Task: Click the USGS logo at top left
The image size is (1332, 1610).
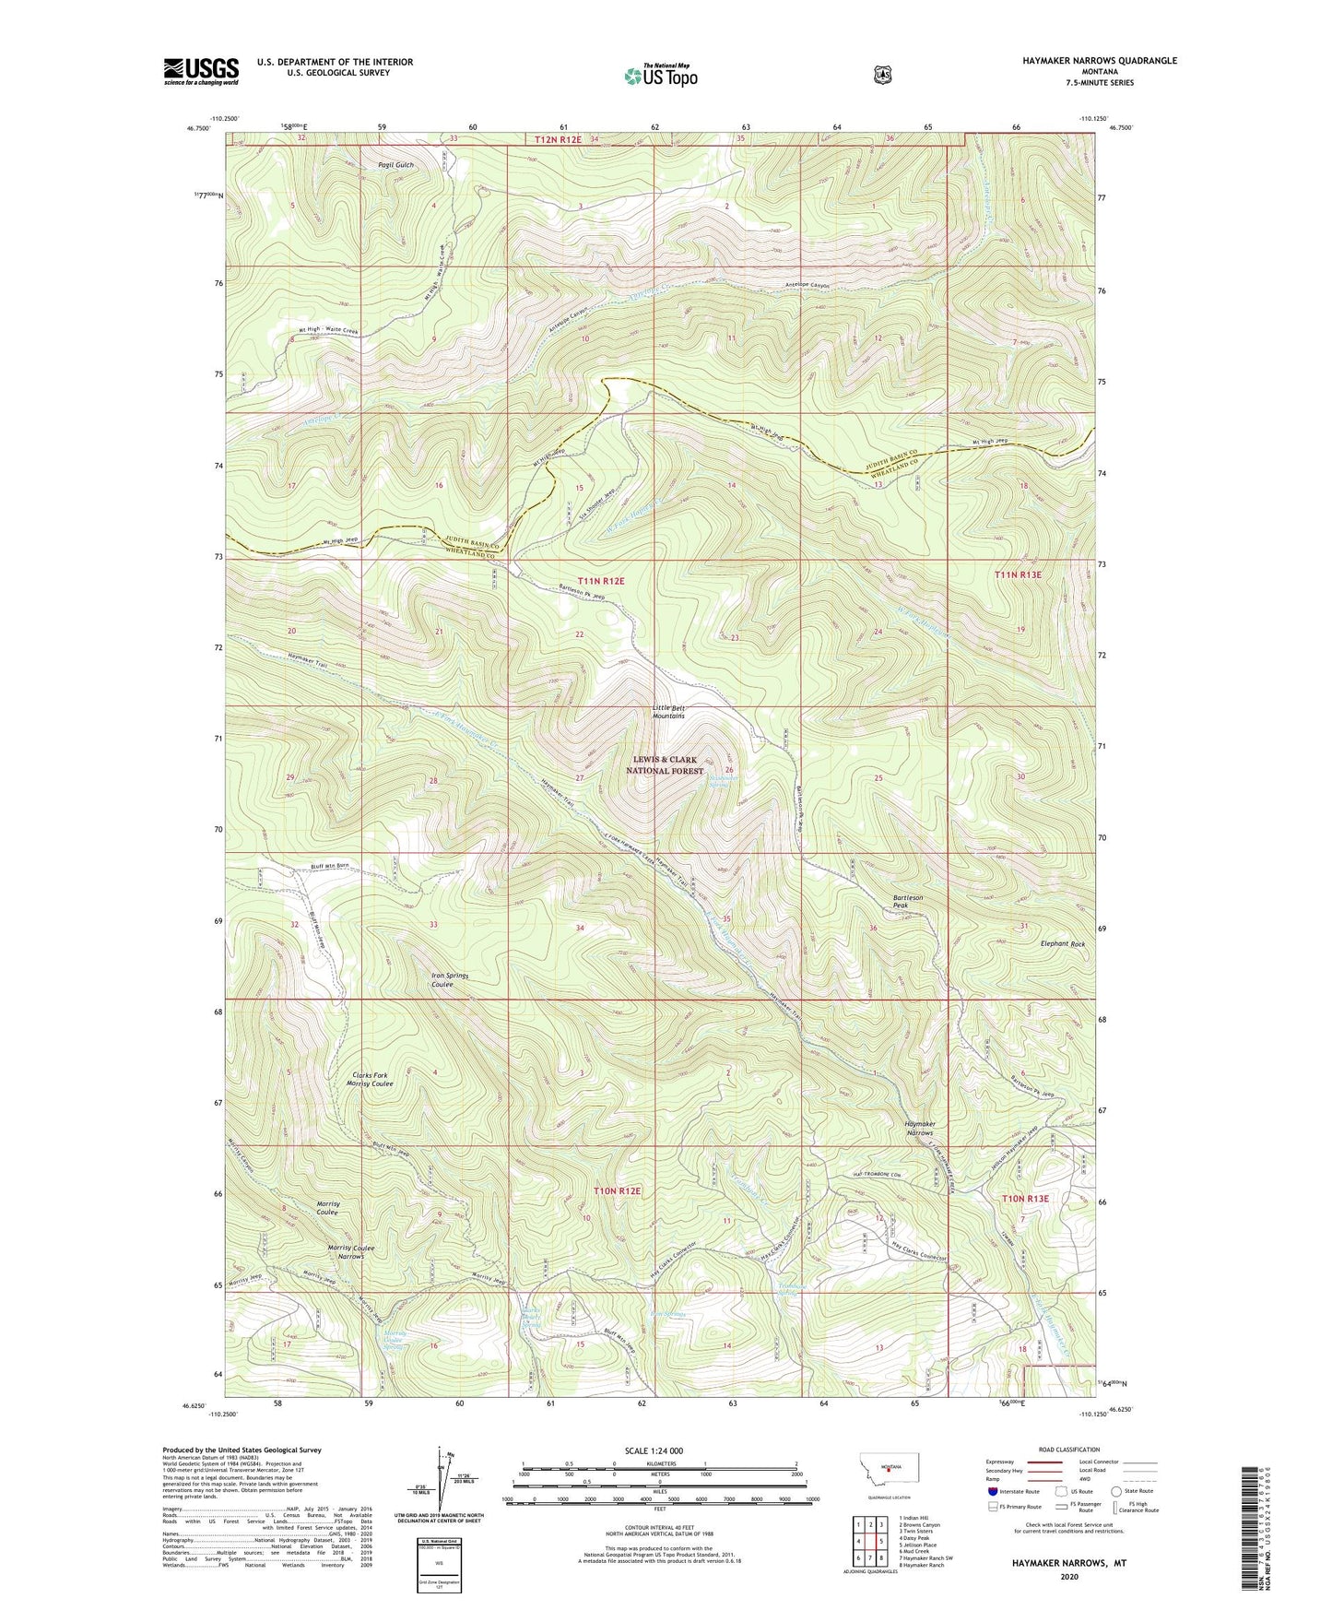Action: (201, 71)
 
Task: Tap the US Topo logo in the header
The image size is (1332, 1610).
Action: (660, 76)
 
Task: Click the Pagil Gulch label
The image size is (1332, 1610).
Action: (396, 165)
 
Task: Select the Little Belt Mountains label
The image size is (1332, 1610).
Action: (668, 712)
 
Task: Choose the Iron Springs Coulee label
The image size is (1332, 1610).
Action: (450, 979)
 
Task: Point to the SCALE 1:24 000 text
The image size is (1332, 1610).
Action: (657, 1451)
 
